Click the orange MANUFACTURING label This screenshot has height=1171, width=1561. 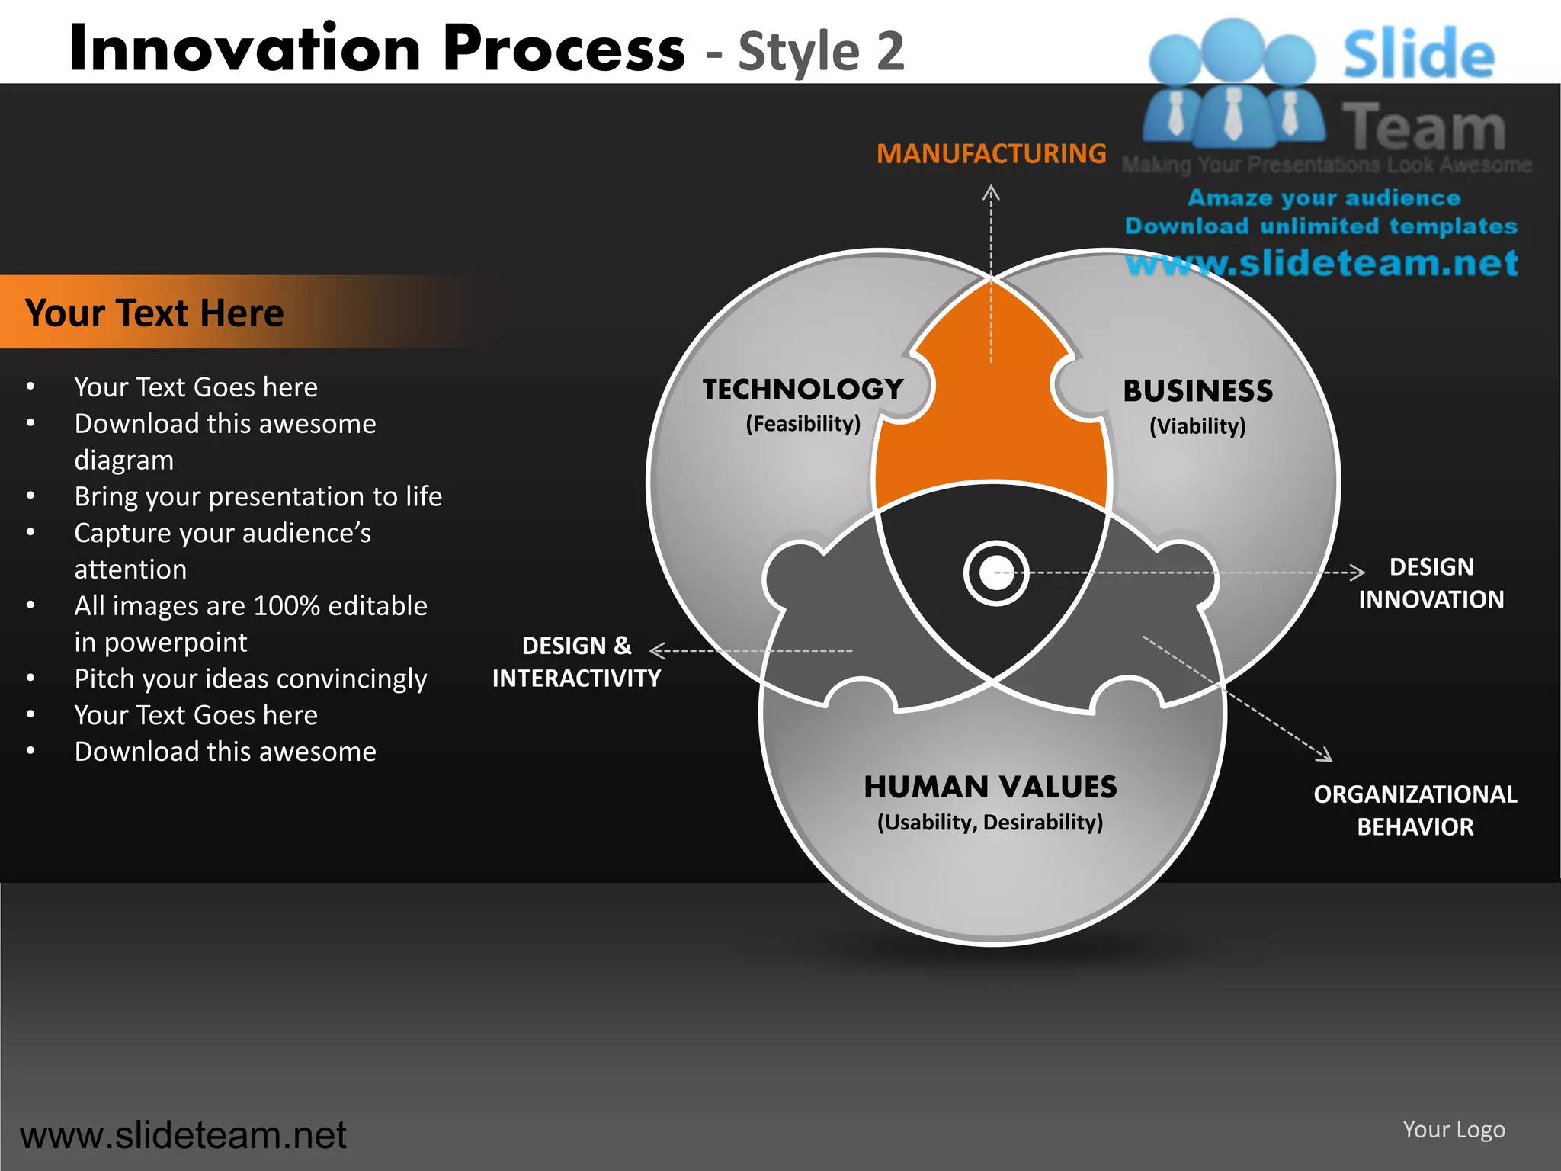(x=991, y=154)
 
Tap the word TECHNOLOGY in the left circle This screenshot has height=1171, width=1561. (x=803, y=390)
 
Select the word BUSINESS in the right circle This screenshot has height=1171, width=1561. (x=1197, y=391)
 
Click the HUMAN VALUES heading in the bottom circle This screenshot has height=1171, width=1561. (x=990, y=787)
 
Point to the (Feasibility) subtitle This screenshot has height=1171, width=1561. (x=803, y=424)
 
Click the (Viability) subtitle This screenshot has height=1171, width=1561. (x=1197, y=426)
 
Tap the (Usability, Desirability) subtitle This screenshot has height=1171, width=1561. (x=990, y=823)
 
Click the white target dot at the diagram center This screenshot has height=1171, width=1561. (x=995, y=573)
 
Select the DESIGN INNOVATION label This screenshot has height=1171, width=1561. (x=1431, y=583)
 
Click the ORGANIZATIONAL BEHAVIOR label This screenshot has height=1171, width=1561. (x=1415, y=810)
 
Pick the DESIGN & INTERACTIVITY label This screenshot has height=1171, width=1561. (x=576, y=662)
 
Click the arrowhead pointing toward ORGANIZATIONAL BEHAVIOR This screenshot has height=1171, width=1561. (x=1326, y=756)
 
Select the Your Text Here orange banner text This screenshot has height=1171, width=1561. (x=154, y=313)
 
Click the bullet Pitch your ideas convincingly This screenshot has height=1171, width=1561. (x=250, y=679)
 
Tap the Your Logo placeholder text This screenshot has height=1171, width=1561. (x=1454, y=1129)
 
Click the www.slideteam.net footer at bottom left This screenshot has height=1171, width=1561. (x=183, y=1135)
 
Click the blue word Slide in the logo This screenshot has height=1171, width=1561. (x=1418, y=55)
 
